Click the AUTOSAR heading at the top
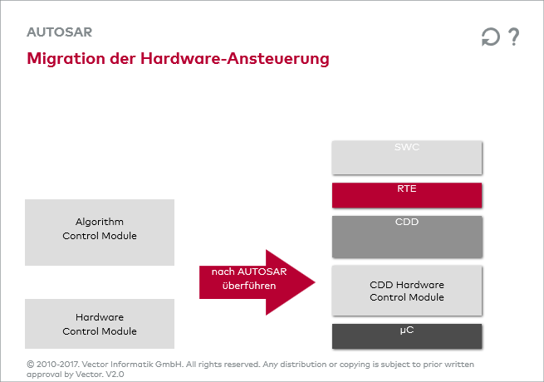click(59, 32)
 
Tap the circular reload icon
click(491, 37)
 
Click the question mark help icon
click(514, 37)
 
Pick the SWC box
click(407, 157)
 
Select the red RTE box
click(407, 195)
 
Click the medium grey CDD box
click(407, 237)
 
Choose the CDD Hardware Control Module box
click(407, 291)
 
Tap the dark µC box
click(407, 336)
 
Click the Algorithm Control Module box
click(100, 232)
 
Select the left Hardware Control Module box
click(100, 324)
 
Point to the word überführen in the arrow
click(248, 286)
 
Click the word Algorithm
click(100, 222)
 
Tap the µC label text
click(407, 330)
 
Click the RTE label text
click(407, 189)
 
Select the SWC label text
click(407, 147)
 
